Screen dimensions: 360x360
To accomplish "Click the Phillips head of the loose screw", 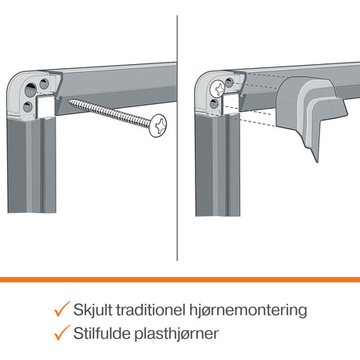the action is click(158, 125).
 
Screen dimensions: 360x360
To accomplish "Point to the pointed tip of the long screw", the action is click(67, 100).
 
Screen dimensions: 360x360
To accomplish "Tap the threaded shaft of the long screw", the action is click(109, 112).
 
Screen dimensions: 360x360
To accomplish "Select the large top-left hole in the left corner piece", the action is click(31, 89).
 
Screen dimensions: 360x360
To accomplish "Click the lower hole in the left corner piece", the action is click(28, 106).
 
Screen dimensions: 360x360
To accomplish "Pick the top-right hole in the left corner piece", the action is click(44, 84).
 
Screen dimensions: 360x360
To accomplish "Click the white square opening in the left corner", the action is click(45, 106).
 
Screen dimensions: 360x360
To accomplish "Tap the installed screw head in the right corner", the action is click(218, 88).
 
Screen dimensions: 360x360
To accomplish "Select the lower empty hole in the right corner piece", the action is click(214, 104).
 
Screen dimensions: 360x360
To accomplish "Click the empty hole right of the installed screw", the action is click(229, 83).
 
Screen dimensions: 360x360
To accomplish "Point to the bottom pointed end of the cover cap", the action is click(317, 162).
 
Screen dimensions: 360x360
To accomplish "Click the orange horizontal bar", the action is click(180, 279).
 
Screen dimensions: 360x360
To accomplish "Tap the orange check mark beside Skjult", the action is click(62, 309).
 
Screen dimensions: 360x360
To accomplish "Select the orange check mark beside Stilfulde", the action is click(62, 333).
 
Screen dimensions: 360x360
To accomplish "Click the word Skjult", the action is click(92, 310).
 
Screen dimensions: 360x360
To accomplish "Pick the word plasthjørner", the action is click(177, 334).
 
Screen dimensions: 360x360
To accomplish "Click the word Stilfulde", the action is click(102, 333).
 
